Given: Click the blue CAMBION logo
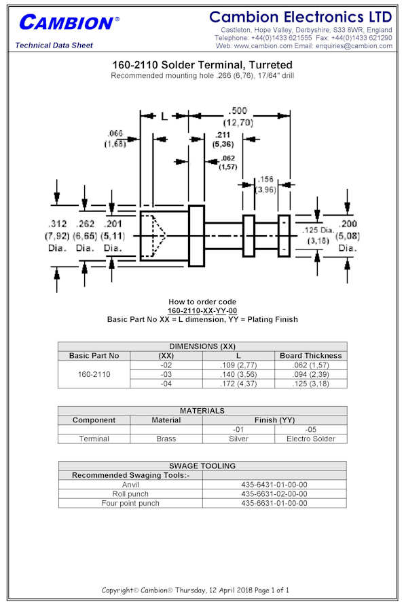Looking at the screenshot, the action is click(69, 23).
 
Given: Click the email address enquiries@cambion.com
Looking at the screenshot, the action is click(354, 46).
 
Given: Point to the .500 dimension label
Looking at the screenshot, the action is click(238, 111).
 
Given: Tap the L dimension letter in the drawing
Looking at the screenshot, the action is click(164, 116).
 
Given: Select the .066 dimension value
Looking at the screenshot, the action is click(115, 134).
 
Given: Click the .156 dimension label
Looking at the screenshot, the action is click(266, 180).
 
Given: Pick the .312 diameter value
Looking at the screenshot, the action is click(57, 224).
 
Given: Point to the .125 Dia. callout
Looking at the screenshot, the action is click(318, 230).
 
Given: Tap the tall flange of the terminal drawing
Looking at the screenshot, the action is click(197, 236).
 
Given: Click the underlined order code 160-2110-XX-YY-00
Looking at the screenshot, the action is click(202, 310).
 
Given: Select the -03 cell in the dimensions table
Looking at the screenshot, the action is click(166, 374).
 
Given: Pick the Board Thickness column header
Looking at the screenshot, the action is click(311, 356).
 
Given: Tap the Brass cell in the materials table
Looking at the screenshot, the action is click(166, 439).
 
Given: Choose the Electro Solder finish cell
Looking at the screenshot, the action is click(311, 439).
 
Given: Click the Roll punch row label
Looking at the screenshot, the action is click(130, 494).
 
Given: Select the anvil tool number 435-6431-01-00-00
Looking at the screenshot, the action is click(274, 485).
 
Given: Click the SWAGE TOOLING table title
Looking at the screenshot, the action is click(202, 466).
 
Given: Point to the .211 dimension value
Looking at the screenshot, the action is click(223, 135).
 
